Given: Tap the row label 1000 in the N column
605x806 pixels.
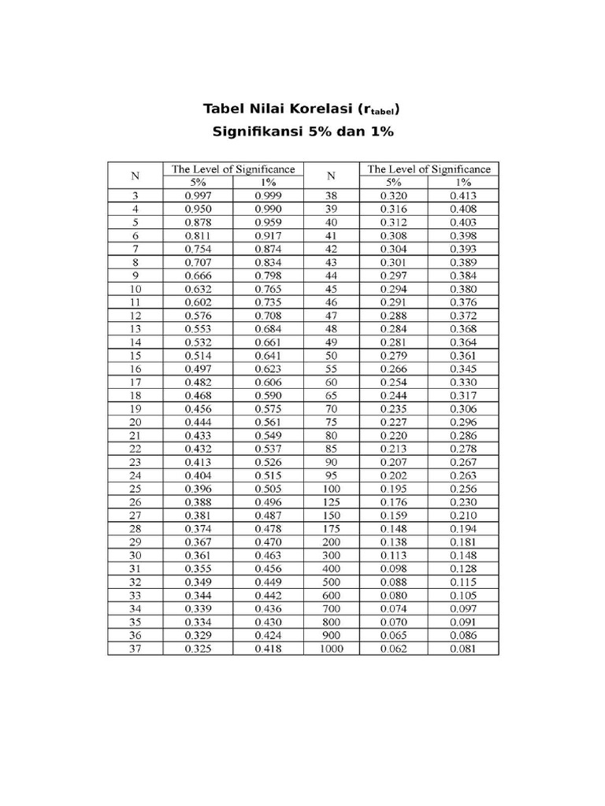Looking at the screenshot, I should pyautogui.click(x=331, y=649).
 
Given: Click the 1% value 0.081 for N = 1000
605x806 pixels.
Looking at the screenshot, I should pyautogui.click(x=463, y=649).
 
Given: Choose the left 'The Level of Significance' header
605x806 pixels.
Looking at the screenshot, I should pyautogui.click(x=233, y=169).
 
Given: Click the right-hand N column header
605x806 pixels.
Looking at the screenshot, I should pyautogui.click(x=331, y=176).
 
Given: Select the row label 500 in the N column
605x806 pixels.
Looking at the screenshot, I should pyautogui.click(x=331, y=582).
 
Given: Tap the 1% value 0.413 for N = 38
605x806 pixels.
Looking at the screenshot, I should pyautogui.click(x=463, y=195).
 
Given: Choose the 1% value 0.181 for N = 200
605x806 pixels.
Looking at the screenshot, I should pyautogui.click(x=463, y=542).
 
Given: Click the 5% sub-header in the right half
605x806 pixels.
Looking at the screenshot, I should pyautogui.click(x=393, y=182).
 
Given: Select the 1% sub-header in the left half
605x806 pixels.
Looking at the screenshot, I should pyautogui.click(x=268, y=182).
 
